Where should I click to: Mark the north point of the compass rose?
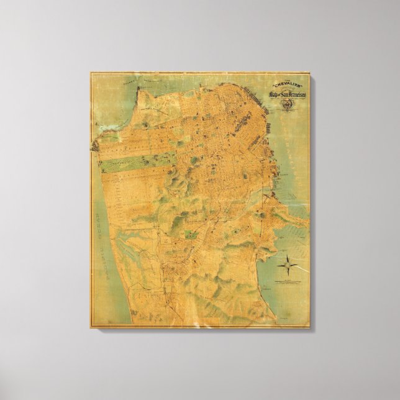pos(288,255)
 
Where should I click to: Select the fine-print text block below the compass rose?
pos(287,283)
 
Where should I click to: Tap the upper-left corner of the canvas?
pos(91,73)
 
